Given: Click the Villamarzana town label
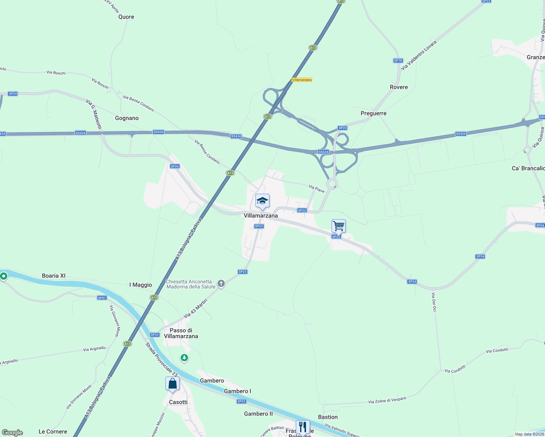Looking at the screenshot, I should tap(260, 216).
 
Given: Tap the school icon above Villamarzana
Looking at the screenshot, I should tap(262, 201).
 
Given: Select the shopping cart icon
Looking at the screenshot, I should tap(338, 226).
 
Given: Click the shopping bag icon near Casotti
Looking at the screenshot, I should tap(172, 384).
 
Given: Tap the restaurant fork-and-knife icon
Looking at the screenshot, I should tap(303, 427).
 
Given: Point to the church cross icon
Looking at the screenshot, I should tap(221, 284).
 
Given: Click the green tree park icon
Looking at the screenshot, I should tap(184, 358).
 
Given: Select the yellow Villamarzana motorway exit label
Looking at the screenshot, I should tap(302, 80).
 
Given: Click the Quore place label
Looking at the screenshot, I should tap(126, 17).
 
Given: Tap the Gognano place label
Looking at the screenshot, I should tap(127, 118).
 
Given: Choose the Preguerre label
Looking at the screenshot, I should tap(373, 113).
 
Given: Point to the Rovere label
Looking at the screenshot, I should tap(399, 87).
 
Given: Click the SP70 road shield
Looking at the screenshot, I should tap(398, 60).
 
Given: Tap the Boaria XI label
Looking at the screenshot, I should tap(54, 276).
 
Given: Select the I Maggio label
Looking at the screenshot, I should tap(141, 285).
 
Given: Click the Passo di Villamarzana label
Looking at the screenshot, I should tap(181, 333).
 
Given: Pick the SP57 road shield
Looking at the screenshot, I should tap(102, 298).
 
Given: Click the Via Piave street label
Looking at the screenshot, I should tap(317, 189).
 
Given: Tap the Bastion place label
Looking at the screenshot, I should tap(328, 417).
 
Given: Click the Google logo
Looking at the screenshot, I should tap(12, 433).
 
